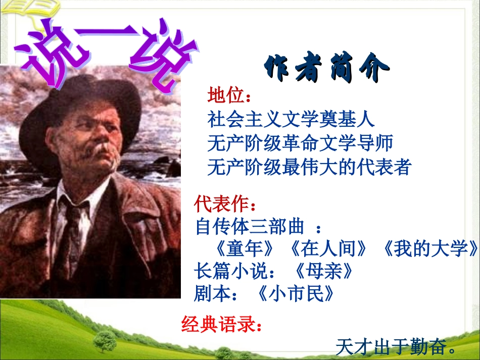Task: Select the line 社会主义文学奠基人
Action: tap(291, 120)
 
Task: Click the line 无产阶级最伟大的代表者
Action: tap(309, 167)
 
